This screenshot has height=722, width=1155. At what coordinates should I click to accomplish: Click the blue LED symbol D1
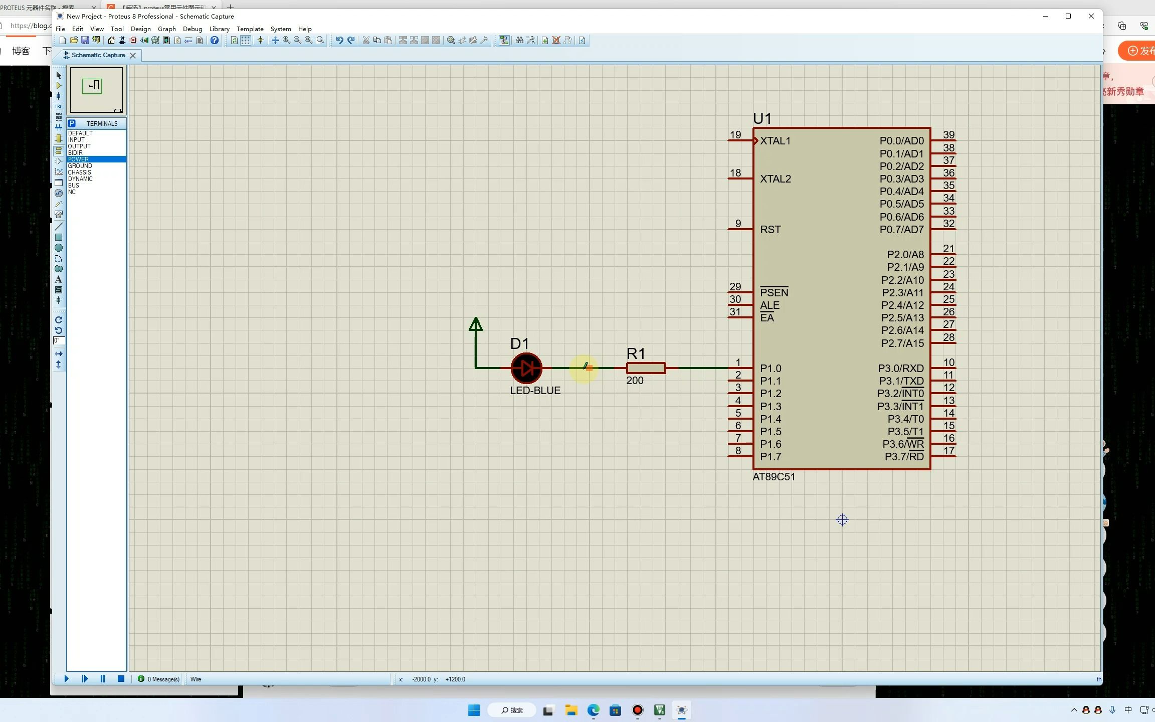coord(526,368)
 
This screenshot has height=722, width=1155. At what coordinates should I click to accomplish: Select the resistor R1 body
coord(646,368)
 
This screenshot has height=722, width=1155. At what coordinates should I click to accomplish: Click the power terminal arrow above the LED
coord(475,325)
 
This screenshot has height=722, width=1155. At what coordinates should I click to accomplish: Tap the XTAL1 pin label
coord(775,141)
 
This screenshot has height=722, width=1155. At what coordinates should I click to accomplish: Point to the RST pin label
coord(770,230)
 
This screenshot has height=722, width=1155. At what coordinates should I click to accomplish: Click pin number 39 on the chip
coord(948,134)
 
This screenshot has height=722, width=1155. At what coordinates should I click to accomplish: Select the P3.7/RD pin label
coord(904,457)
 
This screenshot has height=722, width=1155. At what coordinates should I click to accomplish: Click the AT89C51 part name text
coord(774,477)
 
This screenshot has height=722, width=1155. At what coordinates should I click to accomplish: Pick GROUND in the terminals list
coord(80,166)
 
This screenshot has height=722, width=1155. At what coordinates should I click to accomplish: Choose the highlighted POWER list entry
coord(79,159)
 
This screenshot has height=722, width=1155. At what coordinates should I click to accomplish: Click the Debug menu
coord(192,29)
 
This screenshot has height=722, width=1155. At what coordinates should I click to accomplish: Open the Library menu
coord(219,29)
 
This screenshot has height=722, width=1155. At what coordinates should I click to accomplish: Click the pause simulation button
coord(103,679)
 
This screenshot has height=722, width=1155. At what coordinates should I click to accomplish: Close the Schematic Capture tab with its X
coord(133,56)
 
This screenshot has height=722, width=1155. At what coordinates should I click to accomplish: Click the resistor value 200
coord(635,381)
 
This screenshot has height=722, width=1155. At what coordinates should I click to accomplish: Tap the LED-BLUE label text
coord(535,391)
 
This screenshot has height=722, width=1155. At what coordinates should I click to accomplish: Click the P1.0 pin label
coord(771,369)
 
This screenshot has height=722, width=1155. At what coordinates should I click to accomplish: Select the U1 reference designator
coord(762,119)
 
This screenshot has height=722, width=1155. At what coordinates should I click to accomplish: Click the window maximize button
coord(1068,16)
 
